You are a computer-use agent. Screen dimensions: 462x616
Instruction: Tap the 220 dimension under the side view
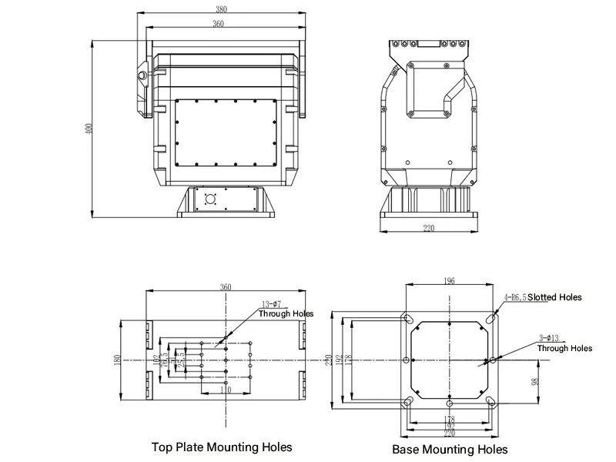428,228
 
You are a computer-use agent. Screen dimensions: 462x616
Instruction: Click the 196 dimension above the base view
450,282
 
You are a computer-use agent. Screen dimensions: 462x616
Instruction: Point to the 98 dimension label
534,382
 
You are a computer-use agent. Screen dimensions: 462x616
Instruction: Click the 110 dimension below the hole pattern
226,391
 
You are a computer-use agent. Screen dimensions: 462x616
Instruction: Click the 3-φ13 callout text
551,336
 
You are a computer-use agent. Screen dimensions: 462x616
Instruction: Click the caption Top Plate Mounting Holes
222,447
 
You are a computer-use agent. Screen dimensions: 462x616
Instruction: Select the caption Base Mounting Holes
450,449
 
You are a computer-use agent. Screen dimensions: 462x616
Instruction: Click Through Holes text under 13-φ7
286,313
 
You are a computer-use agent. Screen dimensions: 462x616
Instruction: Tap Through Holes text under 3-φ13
564,348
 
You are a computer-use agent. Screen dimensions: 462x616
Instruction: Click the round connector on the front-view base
209,197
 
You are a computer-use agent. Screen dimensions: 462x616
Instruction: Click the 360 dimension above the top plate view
226,287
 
